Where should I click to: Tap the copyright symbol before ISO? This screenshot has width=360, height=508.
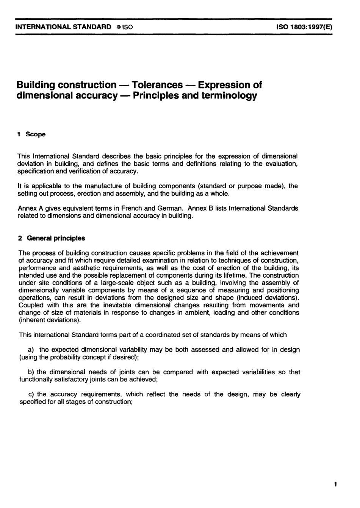(x=119, y=27)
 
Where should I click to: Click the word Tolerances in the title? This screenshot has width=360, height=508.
(x=158, y=85)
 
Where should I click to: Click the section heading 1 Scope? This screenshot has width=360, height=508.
(x=32, y=134)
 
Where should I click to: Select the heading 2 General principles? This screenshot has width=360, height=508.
(x=52, y=238)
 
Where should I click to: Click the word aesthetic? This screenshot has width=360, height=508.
(x=74, y=268)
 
